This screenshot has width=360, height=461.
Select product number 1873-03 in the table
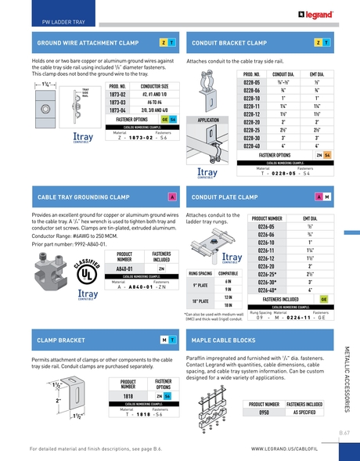[117, 102]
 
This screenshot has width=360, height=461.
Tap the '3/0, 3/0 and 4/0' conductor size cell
[153, 110]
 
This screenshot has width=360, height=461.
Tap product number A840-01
[127, 268]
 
